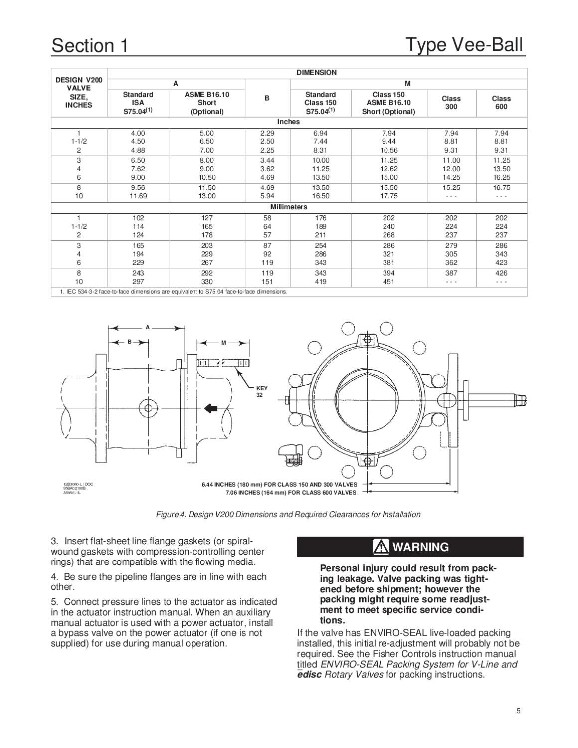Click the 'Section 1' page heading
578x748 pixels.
point(90,45)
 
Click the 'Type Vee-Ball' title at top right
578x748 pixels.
point(464,44)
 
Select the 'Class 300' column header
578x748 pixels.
point(451,103)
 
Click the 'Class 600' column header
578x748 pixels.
point(501,103)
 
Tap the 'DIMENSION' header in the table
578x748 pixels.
point(317,73)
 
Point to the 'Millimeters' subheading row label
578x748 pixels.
point(289,207)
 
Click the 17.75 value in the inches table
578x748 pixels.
point(389,196)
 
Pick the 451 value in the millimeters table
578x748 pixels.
point(389,282)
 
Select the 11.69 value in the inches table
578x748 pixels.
point(138,196)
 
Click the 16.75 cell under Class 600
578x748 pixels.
point(501,188)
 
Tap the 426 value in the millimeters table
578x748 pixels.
point(501,273)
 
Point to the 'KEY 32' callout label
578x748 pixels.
point(262,391)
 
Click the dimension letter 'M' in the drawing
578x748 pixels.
point(224,343)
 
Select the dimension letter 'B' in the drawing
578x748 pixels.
point(129,342)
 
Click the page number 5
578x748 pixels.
point(519,711)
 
